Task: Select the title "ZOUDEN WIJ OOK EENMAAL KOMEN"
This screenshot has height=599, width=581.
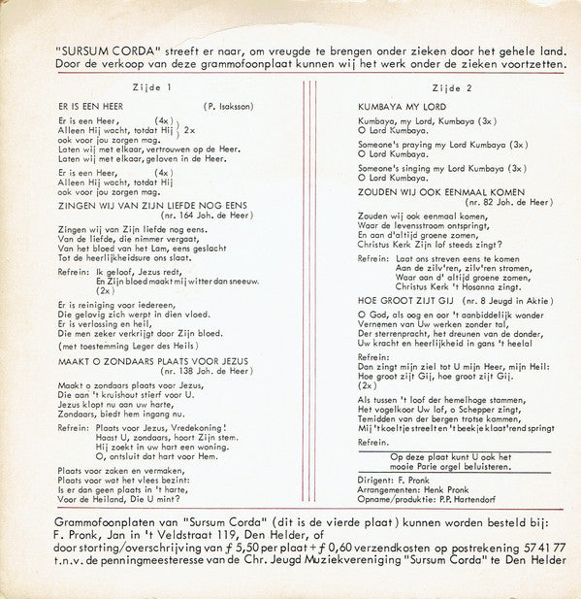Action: (x=428, y=191)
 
